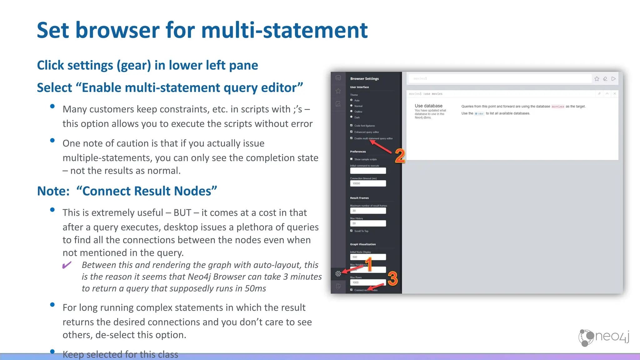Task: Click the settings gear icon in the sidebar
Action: coord(338,274)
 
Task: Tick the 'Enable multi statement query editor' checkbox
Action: coord(351,138)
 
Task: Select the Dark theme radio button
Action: coord(351,117)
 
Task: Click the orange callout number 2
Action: coord(400,156)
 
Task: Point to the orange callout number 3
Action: coord(392,278)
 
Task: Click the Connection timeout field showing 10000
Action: coord(368,183)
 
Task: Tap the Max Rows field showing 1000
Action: coord(368,282)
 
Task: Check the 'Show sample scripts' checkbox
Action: coord(351,159)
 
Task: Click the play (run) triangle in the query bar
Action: coord(613,79)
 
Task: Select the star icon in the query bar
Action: coord(597,79)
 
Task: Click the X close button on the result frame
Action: coord(615,93)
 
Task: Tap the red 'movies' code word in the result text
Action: coord(558,107)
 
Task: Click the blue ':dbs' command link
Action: coord(479,114)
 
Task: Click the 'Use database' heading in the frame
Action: coord(428,106)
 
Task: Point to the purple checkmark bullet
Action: coord(67,265)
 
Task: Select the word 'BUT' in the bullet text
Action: coord(182,213)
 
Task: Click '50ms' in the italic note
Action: coord(255,288)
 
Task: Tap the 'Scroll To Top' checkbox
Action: coord(351,231)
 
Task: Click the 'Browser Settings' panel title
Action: coord(364,79)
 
